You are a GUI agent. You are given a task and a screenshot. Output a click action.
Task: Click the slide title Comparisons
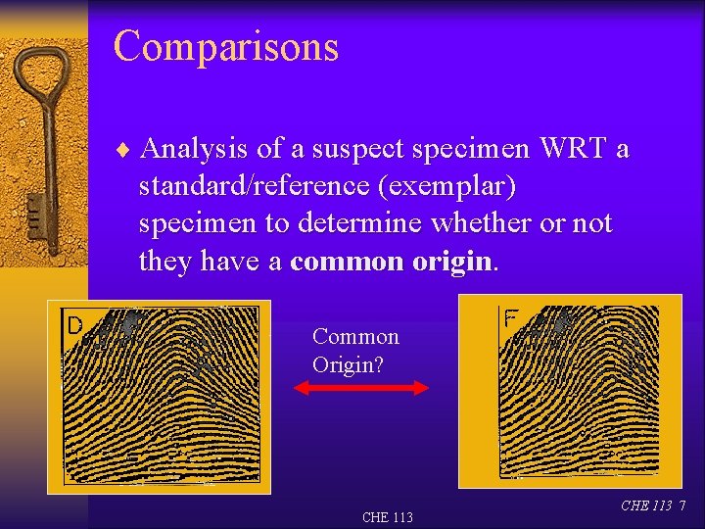coord(225,47)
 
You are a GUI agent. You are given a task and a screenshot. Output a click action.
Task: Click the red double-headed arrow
coord(361,388)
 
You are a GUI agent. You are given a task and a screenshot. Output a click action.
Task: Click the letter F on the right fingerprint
coord(511,319)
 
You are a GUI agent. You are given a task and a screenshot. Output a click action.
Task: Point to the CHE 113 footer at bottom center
coord(387,517)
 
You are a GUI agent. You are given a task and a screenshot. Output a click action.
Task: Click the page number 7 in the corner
coord(682,505)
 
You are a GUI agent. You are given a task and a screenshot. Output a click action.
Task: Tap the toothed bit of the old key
coord(34,210)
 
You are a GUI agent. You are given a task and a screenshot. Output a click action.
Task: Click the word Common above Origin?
coord(355,337)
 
